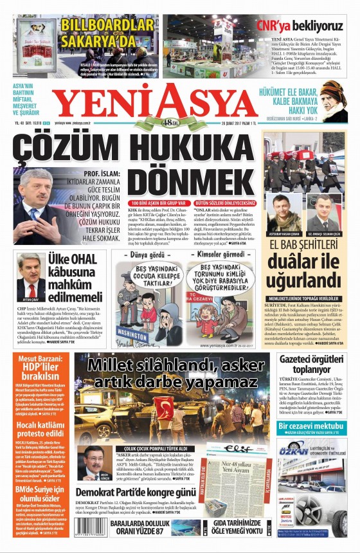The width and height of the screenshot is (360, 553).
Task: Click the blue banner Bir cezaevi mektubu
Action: click(312, 427)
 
